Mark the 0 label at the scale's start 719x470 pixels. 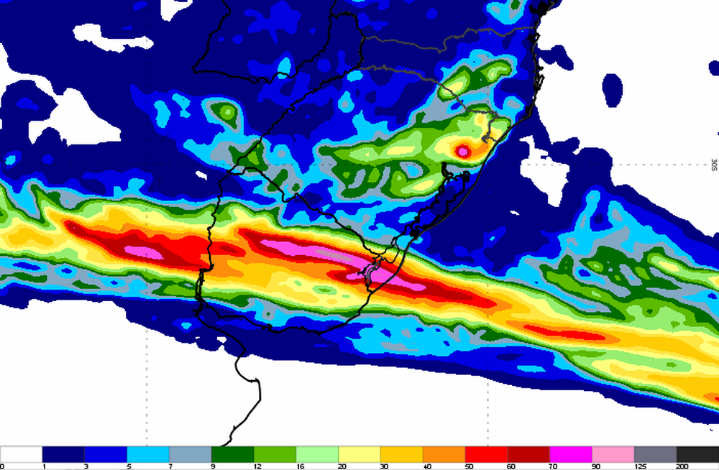[x=2, y=466]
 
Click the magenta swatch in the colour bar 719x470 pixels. [x=571, y=454]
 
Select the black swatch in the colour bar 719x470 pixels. [x=697, y=454]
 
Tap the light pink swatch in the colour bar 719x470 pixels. [x=613, y=454]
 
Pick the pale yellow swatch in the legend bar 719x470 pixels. [x=359, y=454]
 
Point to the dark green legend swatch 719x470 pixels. [x=233, y=454]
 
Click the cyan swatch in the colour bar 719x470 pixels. [x=148, y=454]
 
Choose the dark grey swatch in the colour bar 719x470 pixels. [x=656, y=454]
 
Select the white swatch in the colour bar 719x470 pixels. [x=21, y=454]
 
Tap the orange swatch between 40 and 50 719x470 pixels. [x=444, y=454]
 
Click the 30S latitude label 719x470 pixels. [x=714, y=165]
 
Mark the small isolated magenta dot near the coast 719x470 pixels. [x=463, y=151]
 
